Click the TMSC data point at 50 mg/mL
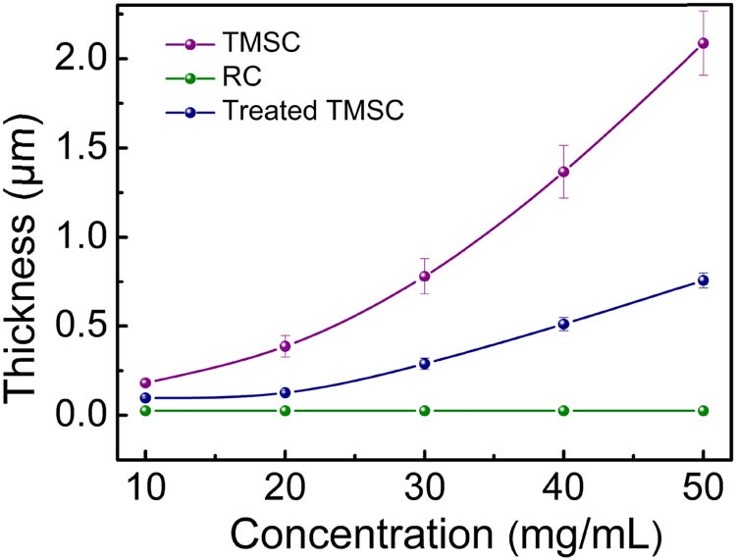pos(703,43)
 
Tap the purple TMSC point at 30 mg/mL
pos(425,277)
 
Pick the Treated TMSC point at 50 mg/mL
pos(703,280)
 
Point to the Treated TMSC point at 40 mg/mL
pos(563,324)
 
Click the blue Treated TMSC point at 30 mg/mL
pos(425,364)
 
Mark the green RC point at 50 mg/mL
pos(703,410)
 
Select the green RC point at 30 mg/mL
pos(425,410)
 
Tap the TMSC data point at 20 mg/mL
pos(286,346)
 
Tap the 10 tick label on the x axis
pos(146,484)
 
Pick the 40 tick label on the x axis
pos(563,484)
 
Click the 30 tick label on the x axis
pos(425,484)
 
